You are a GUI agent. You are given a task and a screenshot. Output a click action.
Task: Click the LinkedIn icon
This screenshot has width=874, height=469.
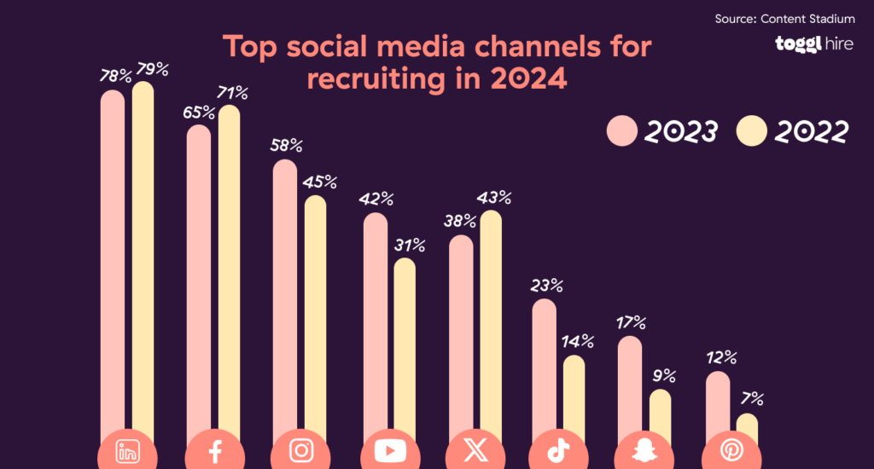pyautogui.click(x=127, y=451)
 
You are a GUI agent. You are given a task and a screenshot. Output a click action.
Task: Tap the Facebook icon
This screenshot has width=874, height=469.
pyautogui.click(x=214, y=451)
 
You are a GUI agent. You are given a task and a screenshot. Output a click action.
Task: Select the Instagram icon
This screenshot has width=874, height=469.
pyautogui.click(x=301, y=451)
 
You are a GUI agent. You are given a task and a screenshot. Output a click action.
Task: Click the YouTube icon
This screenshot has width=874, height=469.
pyautogui.click(x=388, y=451)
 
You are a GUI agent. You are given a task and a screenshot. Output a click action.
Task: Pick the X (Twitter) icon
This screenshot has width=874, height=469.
pyautogui.click(x=475, y=451)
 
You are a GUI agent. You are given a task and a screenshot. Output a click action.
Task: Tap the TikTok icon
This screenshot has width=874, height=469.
pyautogui.click(x=558, y=451)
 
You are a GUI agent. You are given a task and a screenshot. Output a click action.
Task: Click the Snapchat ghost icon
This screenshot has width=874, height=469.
pyautogui.click(x=644, y=451)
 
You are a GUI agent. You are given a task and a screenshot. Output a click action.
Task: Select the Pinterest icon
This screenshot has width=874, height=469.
pyautogui.click(x=731, y=451)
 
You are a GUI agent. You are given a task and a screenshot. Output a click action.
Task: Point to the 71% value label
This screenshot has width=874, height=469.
pyautogui.click(x=231, y=92)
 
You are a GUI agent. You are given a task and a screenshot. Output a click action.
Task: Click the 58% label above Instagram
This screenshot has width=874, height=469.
pyautogui.click(x=286, y=146)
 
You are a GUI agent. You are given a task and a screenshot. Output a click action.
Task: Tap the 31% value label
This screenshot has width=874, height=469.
pyautogui.click(x=408, y=246)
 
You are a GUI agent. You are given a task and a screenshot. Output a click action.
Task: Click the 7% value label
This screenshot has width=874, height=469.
pyautogui.click(x=751, y=398)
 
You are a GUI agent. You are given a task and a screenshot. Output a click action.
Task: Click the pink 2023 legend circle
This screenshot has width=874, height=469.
pyautogui.click(x=622, y=132)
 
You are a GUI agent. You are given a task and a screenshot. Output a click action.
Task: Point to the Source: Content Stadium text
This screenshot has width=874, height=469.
pyautogui.click(x=784, y=18)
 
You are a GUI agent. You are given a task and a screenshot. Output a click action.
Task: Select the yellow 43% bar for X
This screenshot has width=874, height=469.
pyautogui.click(x=491, y=324)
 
